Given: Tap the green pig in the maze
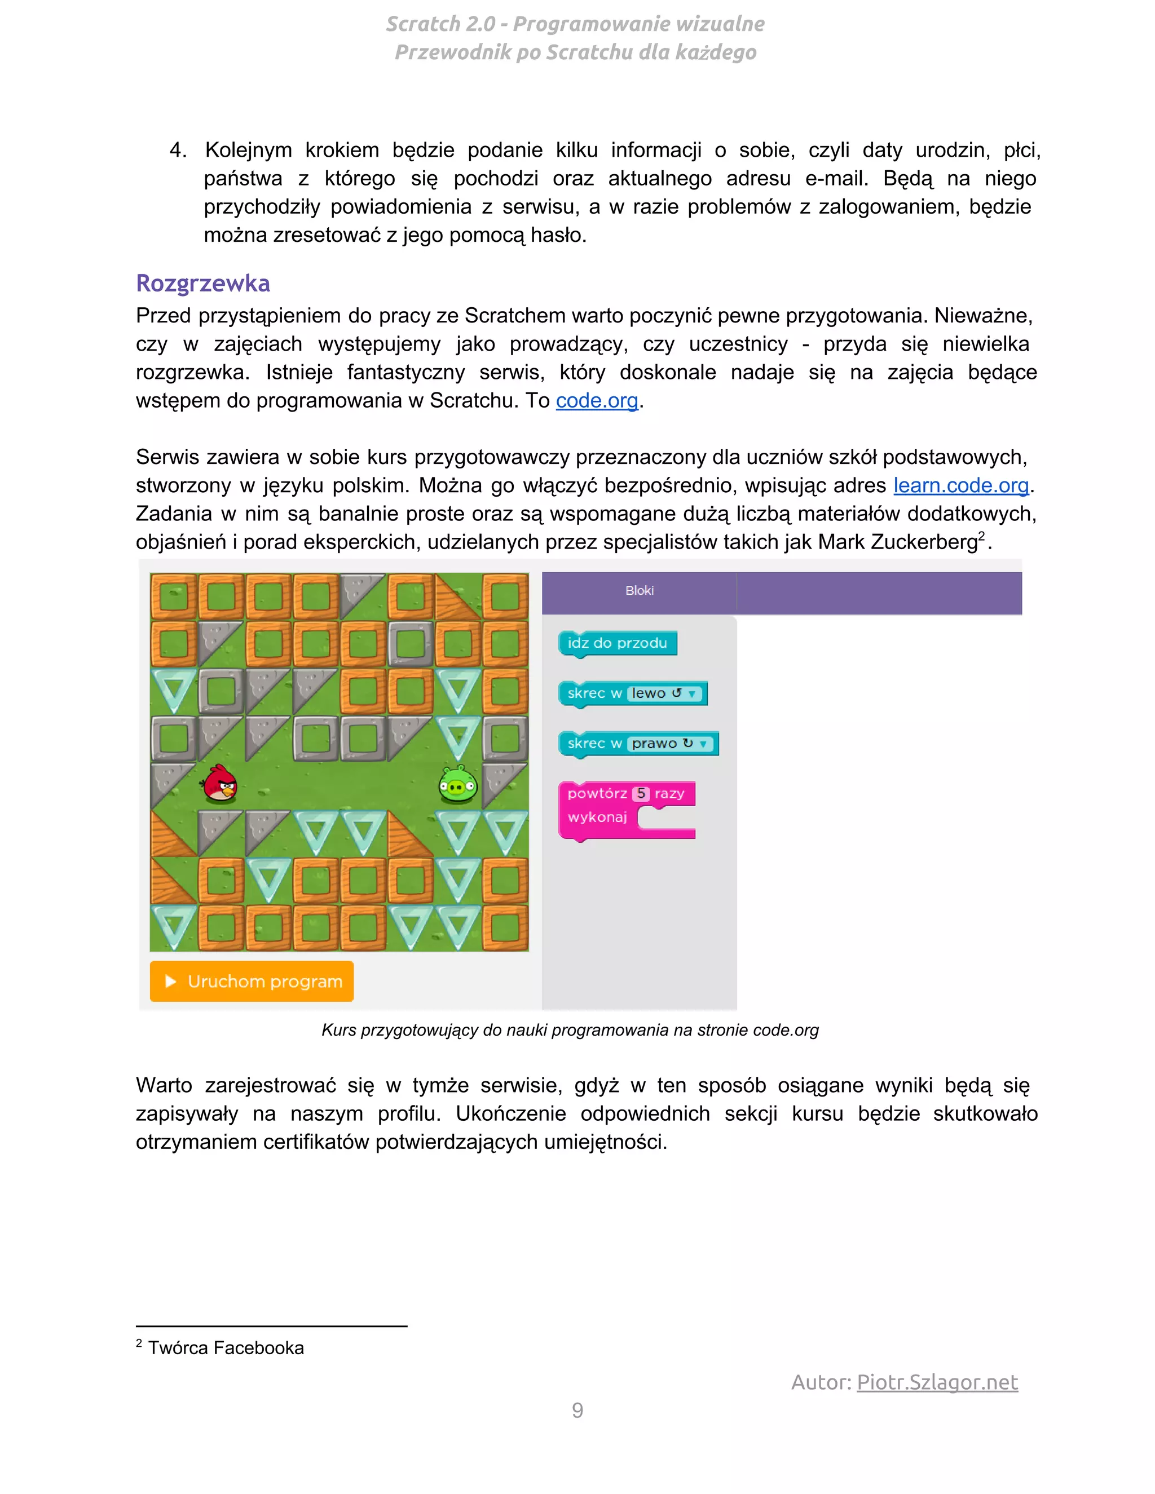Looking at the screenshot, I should click(457, 785).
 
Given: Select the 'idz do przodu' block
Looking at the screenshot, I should click(616, 643).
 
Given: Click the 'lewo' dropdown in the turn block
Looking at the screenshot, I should click(664, 693).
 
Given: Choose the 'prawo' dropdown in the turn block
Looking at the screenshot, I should click(670, 744).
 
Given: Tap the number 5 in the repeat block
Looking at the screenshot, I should click(641, 794).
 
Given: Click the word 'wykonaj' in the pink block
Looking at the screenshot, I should click(597, 817).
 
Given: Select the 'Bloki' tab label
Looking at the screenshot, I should click(639, 590).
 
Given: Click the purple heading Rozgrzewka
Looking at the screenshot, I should click(202, 283).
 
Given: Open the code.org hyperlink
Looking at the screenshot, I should click(597, 401).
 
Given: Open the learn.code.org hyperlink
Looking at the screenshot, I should click(960, 485).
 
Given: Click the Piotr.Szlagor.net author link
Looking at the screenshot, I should click(937, 1382).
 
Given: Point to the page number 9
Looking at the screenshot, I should click(577, 1411).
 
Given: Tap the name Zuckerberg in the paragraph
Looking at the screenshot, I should click(924, 542).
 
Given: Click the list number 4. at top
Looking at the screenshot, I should click(178, 151).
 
